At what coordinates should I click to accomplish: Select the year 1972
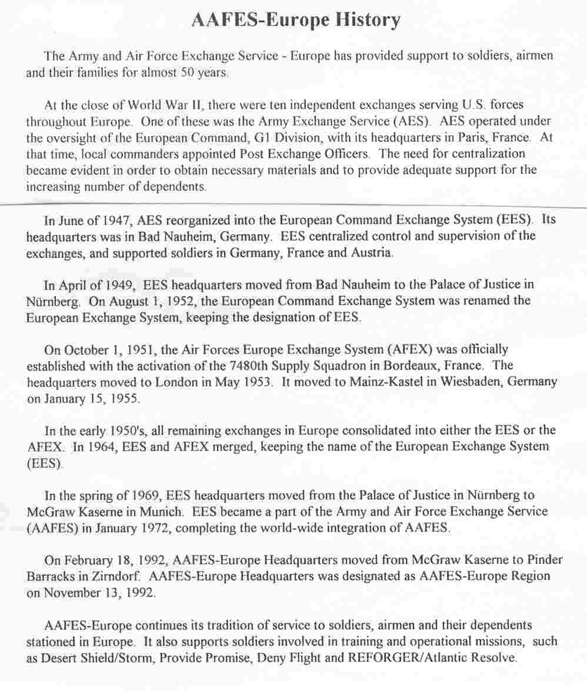152,527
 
